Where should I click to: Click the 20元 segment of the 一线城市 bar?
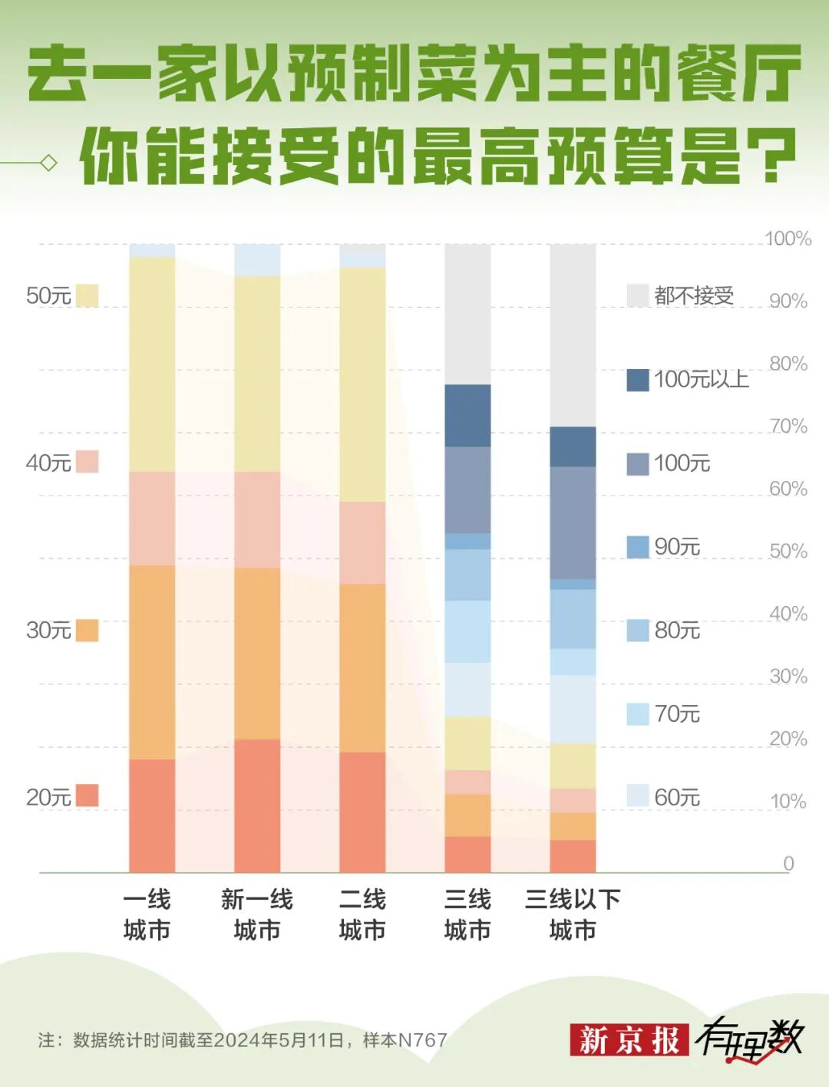click(x=152, y=815)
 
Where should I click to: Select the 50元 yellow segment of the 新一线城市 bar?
click(x=257, y=374)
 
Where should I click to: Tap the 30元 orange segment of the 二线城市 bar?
click(x=362, y=667)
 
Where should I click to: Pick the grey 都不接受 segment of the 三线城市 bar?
click(x=467, y=315)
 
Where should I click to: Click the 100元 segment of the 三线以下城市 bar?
click(x=573, y=522)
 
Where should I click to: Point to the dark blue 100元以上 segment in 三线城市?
click(x=467, y=415)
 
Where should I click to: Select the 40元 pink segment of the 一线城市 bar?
click(x=152, y=519)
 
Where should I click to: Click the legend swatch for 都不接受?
click(x=638, y=295)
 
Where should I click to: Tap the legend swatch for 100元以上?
click(x=638, y=380)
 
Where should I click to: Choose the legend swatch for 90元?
click(x=638, y=547)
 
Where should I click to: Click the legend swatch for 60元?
click(x=638, y=796)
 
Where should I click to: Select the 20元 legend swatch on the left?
click(x=88, y=795)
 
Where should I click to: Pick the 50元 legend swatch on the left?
click(x=88, y=295)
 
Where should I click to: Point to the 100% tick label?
click(x=788, y=239)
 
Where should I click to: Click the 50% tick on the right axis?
click(x=788, y=551)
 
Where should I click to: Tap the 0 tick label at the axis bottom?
click(x=788, y=864)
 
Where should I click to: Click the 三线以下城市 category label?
click(x=573, y=914)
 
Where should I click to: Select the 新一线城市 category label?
click(x=257, y=914)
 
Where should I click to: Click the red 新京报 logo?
click(x=629, y=1040)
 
